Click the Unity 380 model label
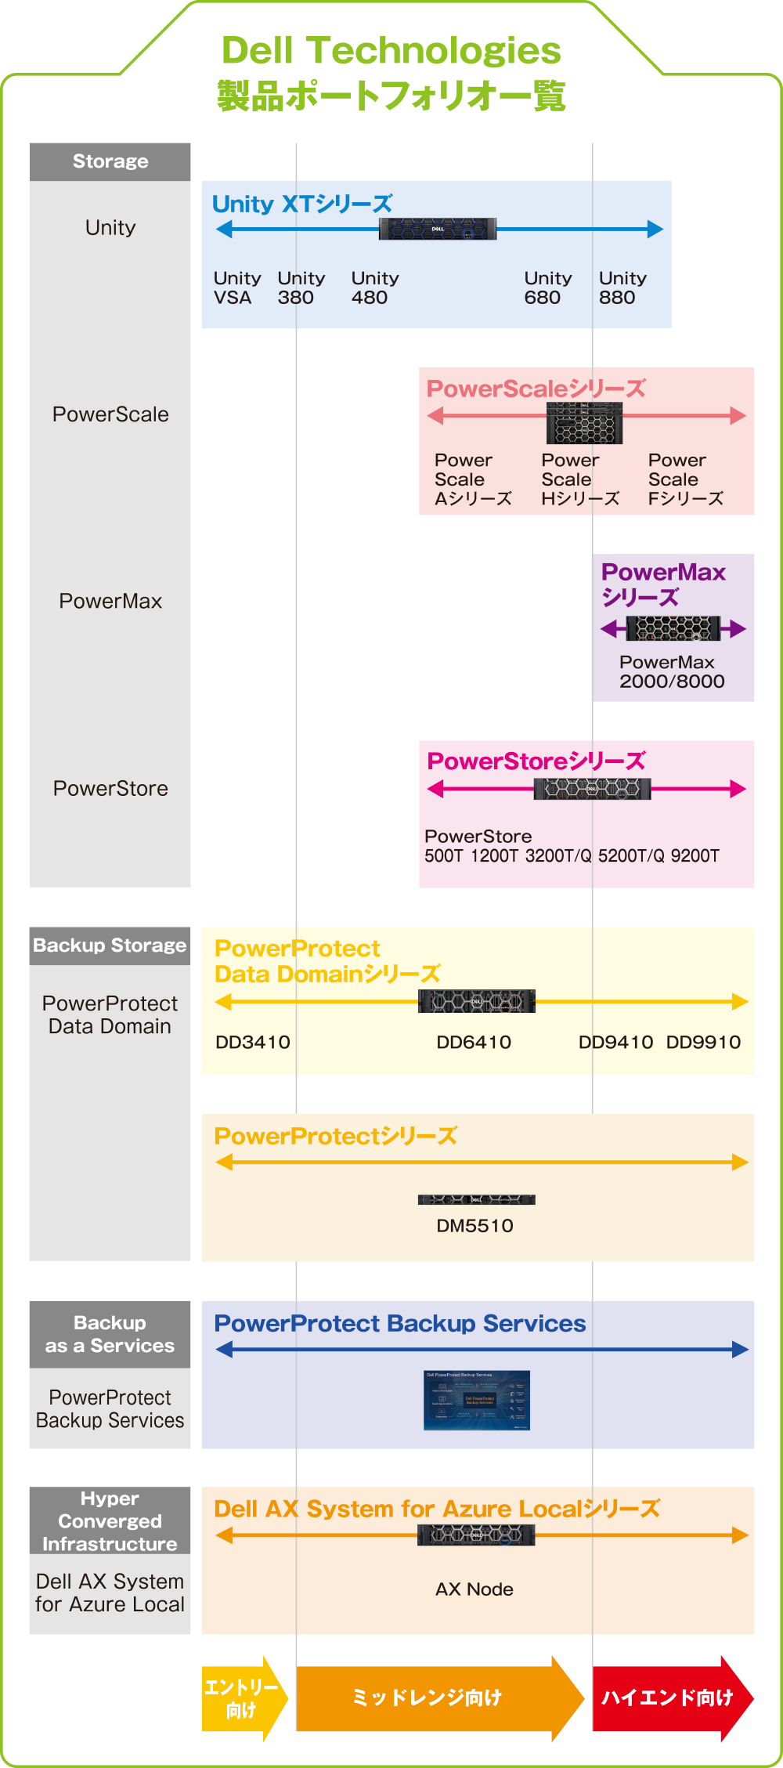click(301, 288)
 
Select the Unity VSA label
click(236, 288)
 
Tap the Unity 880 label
click(622, 288)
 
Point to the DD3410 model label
click(252, 1042)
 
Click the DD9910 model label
click(703, 1042)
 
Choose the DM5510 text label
click(474, 1226)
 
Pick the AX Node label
click(474, 1589)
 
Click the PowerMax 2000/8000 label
click(671, 672)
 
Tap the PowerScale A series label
click(472, 479)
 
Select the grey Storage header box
click(110, 161)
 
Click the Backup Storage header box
click(110, 945)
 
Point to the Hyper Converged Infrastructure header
click(110, 1520)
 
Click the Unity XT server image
click(437, 229)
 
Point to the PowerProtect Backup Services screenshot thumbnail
click(476, 1400)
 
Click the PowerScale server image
click(584, 423)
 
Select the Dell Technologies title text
click(391, 52)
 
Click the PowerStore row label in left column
click(110, 788)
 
